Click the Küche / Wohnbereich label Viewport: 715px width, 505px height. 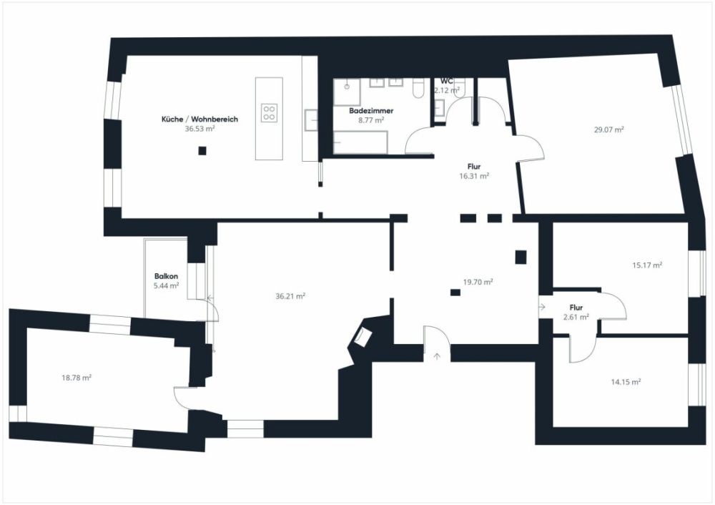[199, 119]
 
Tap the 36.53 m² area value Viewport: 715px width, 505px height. [200, 129]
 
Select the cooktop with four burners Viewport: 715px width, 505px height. [270, 112]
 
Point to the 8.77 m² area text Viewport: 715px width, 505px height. [371, 121]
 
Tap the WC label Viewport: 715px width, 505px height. [447, 81]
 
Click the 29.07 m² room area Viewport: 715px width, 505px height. [608, 130]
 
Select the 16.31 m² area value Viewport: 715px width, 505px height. [473, 175]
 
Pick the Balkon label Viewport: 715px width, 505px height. [166, 276]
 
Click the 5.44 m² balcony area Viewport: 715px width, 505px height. [166, 285]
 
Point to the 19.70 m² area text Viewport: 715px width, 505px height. [478, 282]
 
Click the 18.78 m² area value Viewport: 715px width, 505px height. [76, 377]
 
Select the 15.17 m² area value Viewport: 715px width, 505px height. [647, 265]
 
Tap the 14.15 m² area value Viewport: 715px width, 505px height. [626, 382]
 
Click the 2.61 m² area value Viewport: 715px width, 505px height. [575, 317]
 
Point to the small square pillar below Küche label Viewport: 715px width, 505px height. [202, 151]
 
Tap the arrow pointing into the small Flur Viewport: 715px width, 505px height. [543, 307]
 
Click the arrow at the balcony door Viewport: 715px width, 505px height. [209, 300]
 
